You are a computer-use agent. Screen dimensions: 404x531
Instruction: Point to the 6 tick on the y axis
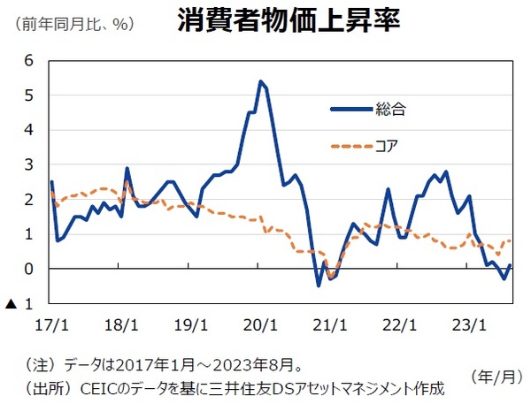(x=29, y=60)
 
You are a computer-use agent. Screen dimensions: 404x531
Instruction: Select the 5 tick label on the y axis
(x=29, y=95)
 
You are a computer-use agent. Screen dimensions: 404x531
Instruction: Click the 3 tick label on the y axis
(x=29, y=165)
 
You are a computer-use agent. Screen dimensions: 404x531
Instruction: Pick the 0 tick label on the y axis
(x=29, y=269)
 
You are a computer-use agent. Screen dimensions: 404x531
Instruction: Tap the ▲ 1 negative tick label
(x=19, y=304)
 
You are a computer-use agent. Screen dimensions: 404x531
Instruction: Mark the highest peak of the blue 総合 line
(x=260, y=81)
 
